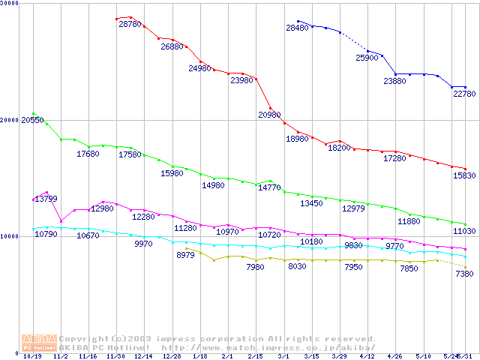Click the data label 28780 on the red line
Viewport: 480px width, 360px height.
click(x=130, y=25)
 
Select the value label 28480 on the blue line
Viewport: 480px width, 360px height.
click(x=297, y=28)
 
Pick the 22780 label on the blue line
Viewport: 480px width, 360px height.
click(x=464, y=94)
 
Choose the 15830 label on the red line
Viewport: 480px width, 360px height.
click(x=464, y=175)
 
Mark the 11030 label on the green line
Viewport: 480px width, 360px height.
click(x=463, y=232)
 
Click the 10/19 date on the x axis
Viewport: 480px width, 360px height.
click(x=33, y=357)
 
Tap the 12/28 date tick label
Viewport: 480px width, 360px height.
click(x=172, y=357)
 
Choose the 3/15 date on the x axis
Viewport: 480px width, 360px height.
click(x=311, y=357)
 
